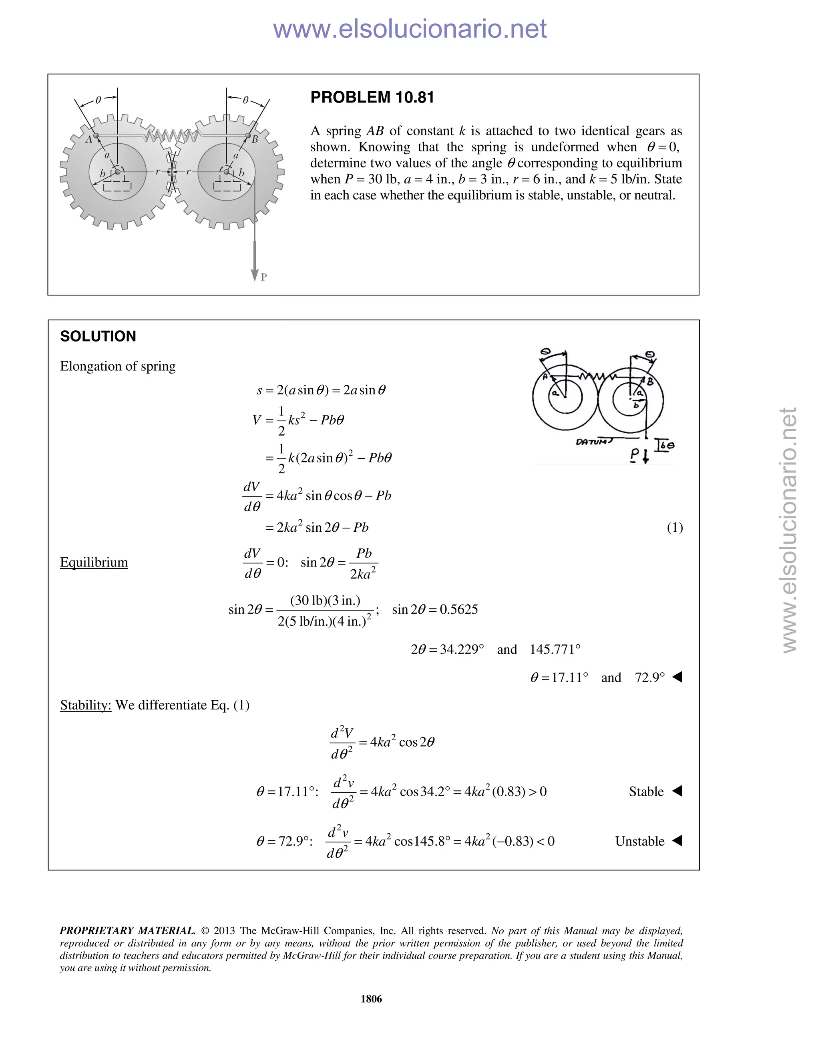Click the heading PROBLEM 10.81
coord(372,98)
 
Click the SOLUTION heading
coord(98,336)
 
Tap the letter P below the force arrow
coord(264,277)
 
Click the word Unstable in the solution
coord(639,841)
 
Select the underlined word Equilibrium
coord(94,562)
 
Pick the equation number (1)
coord(674,527)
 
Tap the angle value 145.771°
coord(555,649)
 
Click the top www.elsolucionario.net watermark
coord(410,29)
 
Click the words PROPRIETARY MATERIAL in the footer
coord(127,931)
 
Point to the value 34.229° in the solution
coord(462,649)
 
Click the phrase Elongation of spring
coord(118,366)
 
